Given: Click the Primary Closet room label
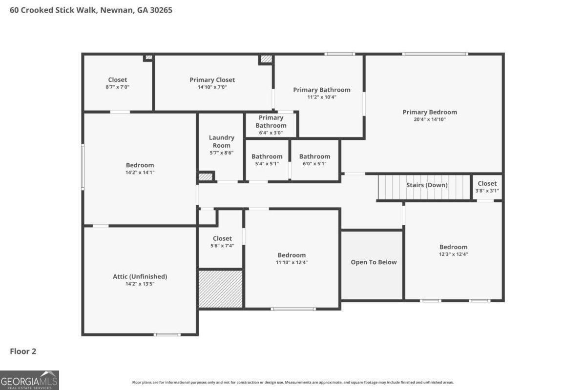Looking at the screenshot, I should [212, 80].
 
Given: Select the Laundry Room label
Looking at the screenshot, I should [221, 141].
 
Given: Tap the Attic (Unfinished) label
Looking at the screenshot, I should [140, 276].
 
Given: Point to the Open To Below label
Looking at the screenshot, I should [374, 262].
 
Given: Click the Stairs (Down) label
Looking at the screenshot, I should [426, 185].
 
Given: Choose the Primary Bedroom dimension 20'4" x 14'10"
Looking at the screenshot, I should [430, 119].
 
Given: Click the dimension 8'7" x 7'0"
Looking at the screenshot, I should [117, 87].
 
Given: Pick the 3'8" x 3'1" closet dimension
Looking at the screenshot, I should [487, 191].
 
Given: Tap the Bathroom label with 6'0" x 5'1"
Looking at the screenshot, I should [314, 156].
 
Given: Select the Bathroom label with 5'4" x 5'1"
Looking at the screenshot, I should [267, 156].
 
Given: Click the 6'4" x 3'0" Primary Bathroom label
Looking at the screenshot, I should [271, 122].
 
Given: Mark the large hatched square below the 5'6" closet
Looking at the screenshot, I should [220, 289].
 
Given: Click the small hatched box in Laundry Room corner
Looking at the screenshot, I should [206, 176].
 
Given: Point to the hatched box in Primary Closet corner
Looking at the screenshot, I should [266, 59].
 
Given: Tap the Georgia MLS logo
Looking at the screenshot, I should [29, 380].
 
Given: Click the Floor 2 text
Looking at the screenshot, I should [23, 351].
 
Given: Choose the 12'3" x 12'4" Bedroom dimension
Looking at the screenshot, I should [453, 254].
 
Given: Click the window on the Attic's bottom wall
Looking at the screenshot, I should [167, 334].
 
